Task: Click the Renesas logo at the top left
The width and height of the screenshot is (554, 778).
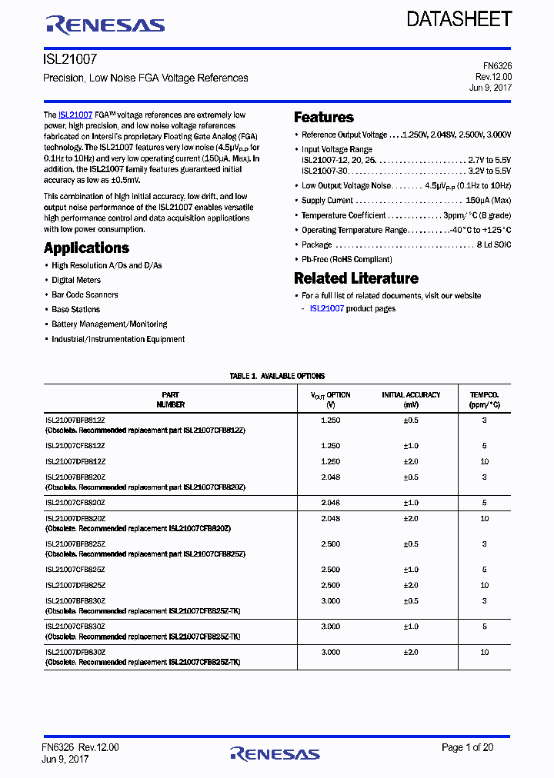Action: (105, 25)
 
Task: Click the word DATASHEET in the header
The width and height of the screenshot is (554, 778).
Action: (459, 20)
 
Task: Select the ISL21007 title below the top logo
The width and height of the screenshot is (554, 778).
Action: (70, 58)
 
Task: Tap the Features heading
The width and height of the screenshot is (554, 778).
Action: (324, 118)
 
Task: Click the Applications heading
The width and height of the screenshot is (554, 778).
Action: (86, 248)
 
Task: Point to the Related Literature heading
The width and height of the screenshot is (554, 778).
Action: (356, 278)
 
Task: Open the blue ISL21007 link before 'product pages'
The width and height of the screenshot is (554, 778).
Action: (326, 308)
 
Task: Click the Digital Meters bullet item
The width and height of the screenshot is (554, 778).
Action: (76, 280)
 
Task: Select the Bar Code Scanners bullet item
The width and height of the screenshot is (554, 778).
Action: (85, 294)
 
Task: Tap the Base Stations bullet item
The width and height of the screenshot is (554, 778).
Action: (75, 309)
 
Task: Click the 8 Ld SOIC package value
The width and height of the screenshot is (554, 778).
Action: (494, 244)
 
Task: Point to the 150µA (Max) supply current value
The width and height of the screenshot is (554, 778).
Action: (483, 201)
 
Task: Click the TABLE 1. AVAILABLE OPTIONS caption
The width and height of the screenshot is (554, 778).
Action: (277, 376)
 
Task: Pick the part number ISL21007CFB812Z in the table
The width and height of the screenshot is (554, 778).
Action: (75, 446)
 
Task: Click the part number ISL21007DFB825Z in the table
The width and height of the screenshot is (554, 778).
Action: (75, 585)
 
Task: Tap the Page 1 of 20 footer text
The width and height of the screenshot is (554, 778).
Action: (468, 747)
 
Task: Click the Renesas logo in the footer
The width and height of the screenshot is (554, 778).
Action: (275, 753)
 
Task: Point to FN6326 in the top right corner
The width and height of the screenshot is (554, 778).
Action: (495, 66)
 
